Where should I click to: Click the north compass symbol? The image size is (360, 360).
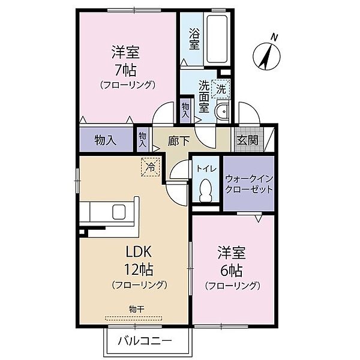click(266, 56)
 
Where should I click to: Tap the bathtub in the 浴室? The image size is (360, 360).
click(217, 39)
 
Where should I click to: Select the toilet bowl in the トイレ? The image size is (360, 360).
click(206, 190)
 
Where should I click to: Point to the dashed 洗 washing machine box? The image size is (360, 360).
click(221, 89)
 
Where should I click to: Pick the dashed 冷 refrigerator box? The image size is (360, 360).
click(151, 167)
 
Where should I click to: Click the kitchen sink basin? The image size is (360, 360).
click(119, 212)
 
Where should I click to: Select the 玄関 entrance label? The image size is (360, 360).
click(247, 140)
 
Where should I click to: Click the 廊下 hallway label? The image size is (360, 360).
click(178, 141)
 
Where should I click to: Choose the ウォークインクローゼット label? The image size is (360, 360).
click(249, 184)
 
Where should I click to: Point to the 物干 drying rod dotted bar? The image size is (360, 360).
click(134, 319)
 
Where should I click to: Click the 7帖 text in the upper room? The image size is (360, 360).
click(125, 70)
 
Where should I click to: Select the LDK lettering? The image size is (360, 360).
click(139, 252)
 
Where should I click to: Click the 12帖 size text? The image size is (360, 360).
click(139, 269)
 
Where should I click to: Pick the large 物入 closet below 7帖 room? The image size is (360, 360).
click(106, 140)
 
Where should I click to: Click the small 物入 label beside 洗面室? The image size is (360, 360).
click(185, 110)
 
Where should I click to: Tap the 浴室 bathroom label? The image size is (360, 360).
click(194, 38)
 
